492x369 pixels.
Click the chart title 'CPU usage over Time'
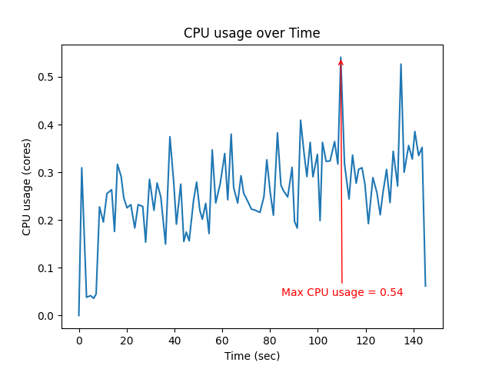tap(251, 33)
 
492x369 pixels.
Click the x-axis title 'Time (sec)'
tap(251, 356)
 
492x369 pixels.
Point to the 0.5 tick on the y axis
tap(48, 77)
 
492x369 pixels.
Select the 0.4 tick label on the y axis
tap(48, 125)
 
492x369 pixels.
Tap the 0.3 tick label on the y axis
tap(48, 172)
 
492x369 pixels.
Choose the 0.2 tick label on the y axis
tap(48, 220)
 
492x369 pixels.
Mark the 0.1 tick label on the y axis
tap(48, 268)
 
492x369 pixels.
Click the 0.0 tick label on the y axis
tap(48, 315)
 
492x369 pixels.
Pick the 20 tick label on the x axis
tap(127, 340)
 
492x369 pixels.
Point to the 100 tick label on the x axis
tap(317, 340)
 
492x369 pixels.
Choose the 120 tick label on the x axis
tap(366, 340)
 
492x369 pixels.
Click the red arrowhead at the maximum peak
tap(341, 61)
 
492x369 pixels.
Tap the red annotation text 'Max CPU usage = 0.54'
tap(342, 293)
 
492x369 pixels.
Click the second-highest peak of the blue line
tap(401, 65)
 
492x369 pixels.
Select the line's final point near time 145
tap(425, 286)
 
